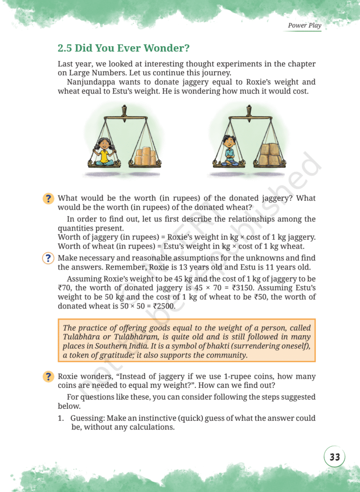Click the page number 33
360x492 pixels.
click(x=335, y=457)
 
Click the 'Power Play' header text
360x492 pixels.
click(x=304, y=25)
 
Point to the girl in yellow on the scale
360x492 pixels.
click(x=103, y=151)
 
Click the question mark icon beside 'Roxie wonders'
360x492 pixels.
click(x=48, y=377)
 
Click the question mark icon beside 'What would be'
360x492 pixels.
click(x=48, y=198)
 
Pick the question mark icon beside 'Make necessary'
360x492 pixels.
click(x=48, y=258)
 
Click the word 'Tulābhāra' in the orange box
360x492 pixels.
click(x=82, y=337)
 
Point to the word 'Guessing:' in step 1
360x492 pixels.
click(x=87, y=418)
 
